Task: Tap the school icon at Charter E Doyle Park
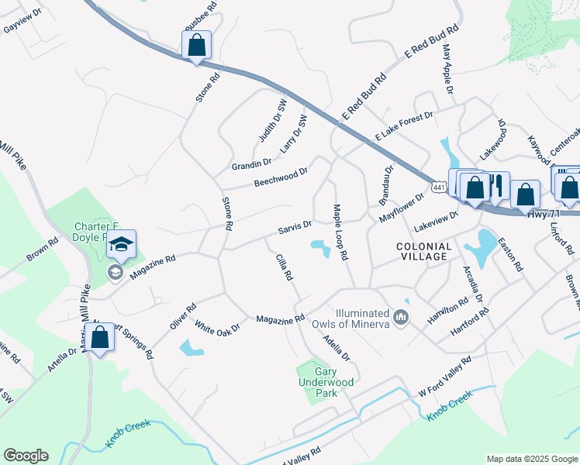coord(122,244)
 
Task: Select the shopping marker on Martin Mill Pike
coord(99,338)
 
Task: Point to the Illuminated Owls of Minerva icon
coord(401,317)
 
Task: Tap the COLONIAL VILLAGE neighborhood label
coord(423,250)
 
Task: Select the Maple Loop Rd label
coord(340,232)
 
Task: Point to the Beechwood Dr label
coord(281,176)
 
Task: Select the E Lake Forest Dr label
coord(403,125)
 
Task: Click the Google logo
coord(26,456)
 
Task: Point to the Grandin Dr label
coord(251,164)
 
